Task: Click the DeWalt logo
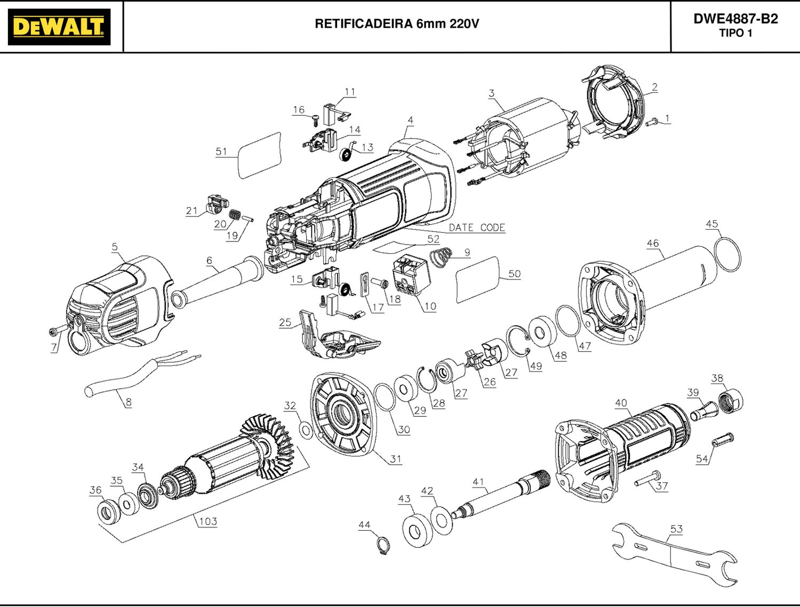[59, 27]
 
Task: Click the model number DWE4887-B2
[735, 19]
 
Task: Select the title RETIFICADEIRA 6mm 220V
[397, 24]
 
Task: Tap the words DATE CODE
[477, 228]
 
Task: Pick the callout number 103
[207, 521]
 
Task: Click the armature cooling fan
[267, 440]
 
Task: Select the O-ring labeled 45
[727, 254]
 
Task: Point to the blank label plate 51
[259, 155]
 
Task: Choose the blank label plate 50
[478, 279]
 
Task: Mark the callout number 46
[653, 243]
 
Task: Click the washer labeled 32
[306, 429]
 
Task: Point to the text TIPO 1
[735, 33]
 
